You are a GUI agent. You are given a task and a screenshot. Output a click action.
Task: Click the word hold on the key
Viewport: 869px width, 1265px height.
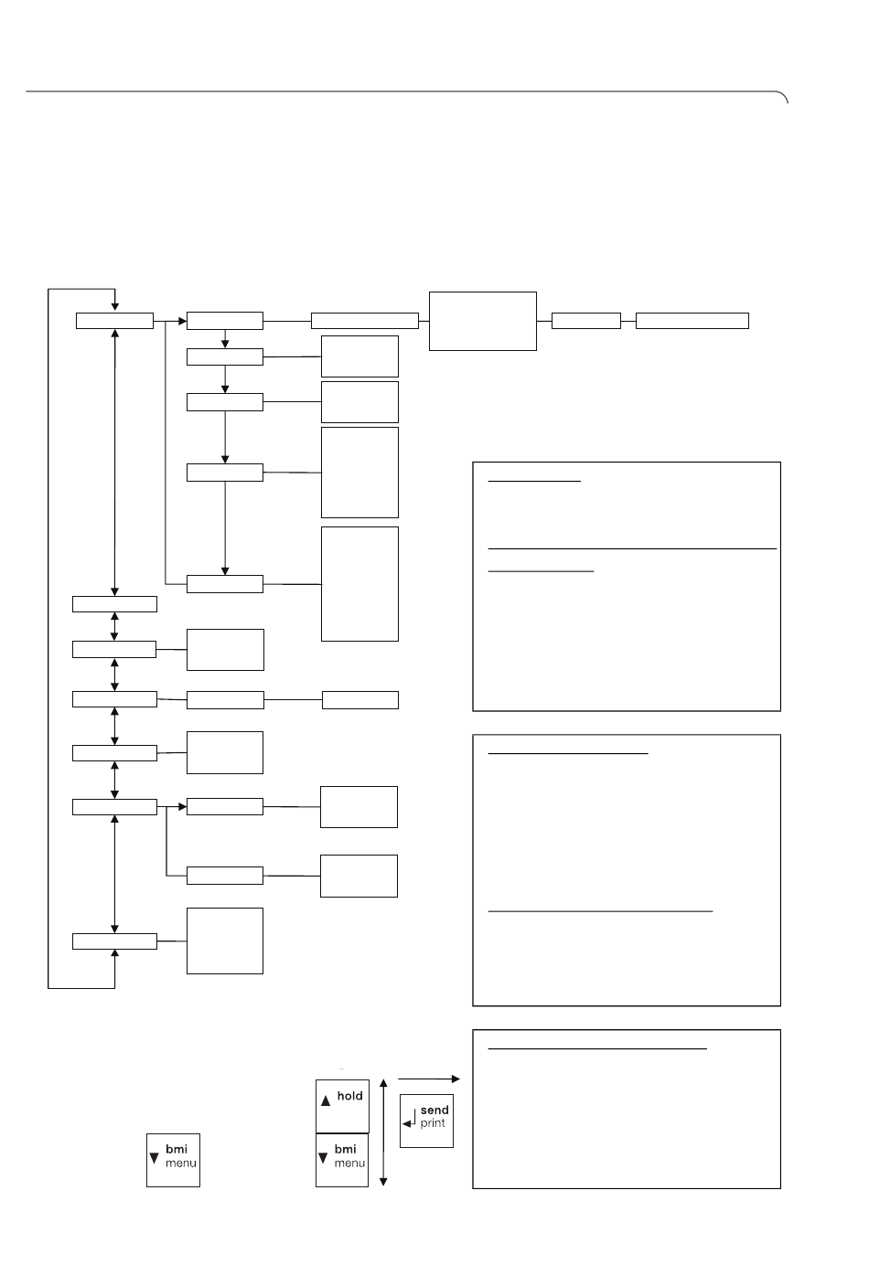[349, 1096]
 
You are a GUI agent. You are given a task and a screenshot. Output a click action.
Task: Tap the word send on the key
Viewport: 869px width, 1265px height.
[434, 1111]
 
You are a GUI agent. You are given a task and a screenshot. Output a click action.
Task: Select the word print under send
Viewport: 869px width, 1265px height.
[433, 1123]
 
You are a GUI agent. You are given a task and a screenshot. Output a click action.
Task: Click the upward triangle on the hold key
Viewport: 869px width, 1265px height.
[326, 1100]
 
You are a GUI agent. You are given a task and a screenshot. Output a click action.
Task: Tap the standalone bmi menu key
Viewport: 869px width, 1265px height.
[173, 1160]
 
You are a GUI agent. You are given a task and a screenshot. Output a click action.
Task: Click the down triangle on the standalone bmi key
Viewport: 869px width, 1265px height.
[154, 1158]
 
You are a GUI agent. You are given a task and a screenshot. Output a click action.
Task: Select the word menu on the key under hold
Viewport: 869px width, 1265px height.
[349, 1164]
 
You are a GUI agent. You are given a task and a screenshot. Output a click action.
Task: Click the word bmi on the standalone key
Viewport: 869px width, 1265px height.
[177, 1149]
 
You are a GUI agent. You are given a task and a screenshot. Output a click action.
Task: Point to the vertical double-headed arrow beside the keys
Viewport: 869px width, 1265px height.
[383, 1132]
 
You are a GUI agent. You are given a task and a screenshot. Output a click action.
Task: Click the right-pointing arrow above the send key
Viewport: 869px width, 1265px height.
[429, 1079]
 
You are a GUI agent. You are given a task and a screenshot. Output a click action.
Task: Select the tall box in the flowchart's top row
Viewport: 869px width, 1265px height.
[483, 322]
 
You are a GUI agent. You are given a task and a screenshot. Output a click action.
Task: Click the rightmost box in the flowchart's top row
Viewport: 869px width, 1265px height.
[692, 321]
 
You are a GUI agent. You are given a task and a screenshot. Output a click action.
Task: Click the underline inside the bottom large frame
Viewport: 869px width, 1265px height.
[597, 1048]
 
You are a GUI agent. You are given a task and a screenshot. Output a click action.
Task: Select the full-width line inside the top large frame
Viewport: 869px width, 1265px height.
[632, 548]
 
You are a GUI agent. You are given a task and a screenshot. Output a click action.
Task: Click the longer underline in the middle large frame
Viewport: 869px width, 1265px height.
[600, 911]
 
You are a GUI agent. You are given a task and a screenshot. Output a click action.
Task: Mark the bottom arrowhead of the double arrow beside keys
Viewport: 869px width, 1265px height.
[383, 1182]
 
